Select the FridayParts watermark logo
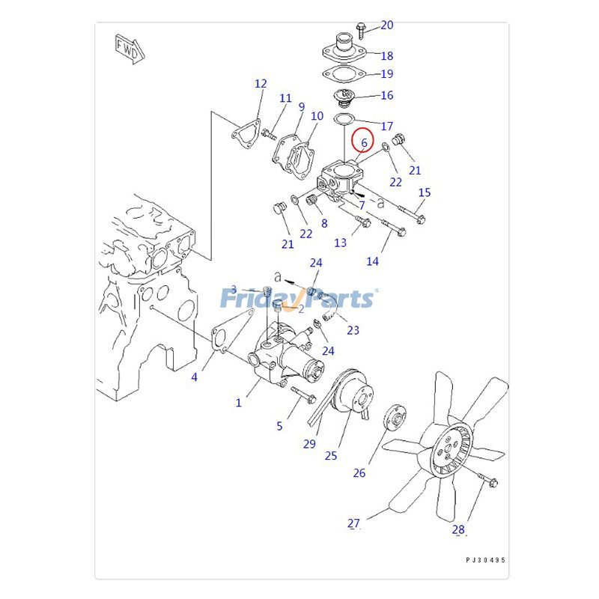(298, 299)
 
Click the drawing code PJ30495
(485, 559)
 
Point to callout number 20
(386, 25)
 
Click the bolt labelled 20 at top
(361, 30)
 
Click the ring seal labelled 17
(343, 120)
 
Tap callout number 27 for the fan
(353, 524)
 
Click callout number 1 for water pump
(239, 403)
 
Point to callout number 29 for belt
(309, 444)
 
